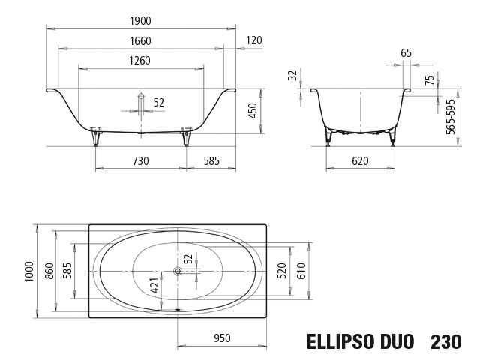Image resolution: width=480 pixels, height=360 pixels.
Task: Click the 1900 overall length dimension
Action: [x=141, y=19]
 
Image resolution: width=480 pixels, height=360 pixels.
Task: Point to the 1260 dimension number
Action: [x=141, y=61]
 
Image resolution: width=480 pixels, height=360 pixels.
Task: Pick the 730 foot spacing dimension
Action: [x=140, y=160]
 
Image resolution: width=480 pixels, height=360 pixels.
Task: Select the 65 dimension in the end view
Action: [x=406, y=52]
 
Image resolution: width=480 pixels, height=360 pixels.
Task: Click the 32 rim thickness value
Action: [x=292, y=76]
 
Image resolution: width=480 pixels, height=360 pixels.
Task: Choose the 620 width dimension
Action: [x=360, y=160]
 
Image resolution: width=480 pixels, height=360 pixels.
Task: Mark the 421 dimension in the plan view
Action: [x=154, y=285]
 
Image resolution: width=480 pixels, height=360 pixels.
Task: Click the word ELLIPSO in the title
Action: [x=339, y=341]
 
